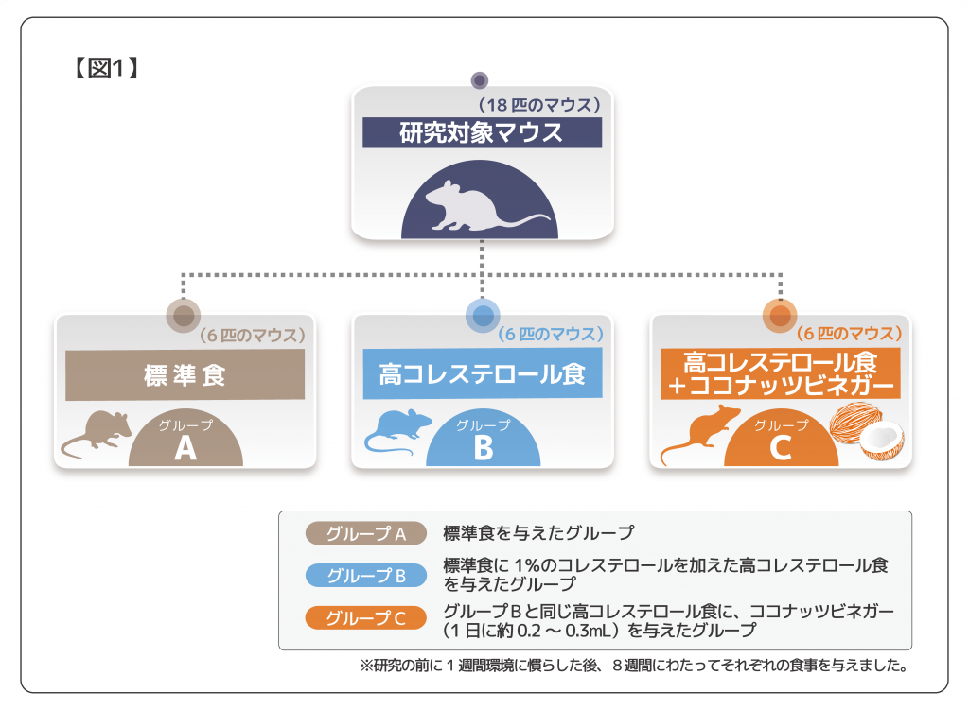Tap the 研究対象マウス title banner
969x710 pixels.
[482, 132]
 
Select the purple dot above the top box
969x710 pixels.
[480, 79]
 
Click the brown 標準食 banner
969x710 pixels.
[185, 375]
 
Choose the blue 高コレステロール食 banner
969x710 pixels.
[483, 374]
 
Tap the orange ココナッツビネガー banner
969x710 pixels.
[780, 374]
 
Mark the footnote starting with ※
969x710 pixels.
[634, 666]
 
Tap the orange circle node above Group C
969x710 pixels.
[781, 315]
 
